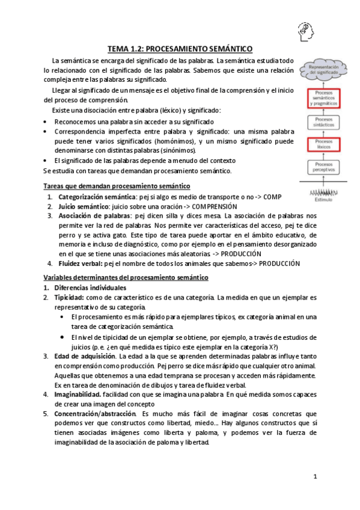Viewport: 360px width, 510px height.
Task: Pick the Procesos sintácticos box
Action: pyautogui.click(x=325, y=122)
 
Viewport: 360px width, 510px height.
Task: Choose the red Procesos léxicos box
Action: pyautogui.click(x=325, y=145)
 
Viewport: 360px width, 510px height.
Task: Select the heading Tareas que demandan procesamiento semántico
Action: pyautogui.click(x=117, y=186)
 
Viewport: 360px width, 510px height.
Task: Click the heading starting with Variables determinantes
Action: pyautogui.click(x=126, y=277)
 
